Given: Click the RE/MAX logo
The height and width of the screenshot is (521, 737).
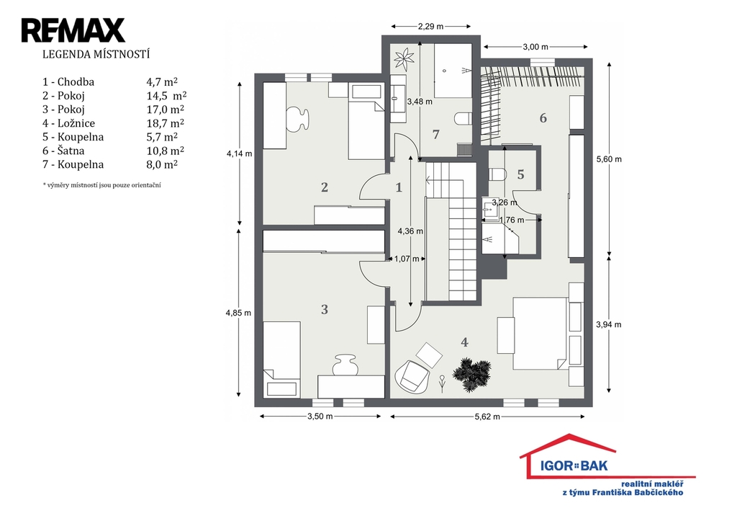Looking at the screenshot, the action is pos(73,30).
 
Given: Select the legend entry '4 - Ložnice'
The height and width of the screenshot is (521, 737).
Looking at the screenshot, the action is pos(68,123).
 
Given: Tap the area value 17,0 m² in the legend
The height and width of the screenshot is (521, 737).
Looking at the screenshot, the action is pos(166,110).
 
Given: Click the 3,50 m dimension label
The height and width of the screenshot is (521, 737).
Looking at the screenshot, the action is pos(320,416).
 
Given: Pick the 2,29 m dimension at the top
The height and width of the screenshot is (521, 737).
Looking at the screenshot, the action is pos(430,27).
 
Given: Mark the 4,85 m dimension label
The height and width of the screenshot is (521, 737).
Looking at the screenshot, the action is pos(238,313).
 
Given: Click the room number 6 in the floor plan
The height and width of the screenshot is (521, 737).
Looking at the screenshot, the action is pos(543,118).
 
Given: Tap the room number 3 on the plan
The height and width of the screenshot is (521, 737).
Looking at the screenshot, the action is pos(325,309).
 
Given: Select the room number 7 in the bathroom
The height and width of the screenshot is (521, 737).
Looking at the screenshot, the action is pos(435,135).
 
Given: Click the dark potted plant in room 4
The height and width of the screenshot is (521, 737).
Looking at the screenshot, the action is pos(471,374).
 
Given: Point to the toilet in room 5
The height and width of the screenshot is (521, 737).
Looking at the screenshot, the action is pos(497,174).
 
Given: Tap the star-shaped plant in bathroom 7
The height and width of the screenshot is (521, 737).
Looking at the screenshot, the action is pos(404,59).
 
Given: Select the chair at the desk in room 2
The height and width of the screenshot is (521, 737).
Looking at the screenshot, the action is pos(297,117).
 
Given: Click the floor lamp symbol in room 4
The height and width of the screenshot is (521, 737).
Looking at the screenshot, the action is pos(442,383).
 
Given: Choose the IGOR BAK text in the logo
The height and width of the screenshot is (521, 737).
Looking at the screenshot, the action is pos(574,466).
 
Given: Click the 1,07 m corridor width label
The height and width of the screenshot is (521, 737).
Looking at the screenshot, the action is pos(407,259).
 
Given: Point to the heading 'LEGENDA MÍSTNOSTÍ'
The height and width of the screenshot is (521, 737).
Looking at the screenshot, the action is pos(96,55).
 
